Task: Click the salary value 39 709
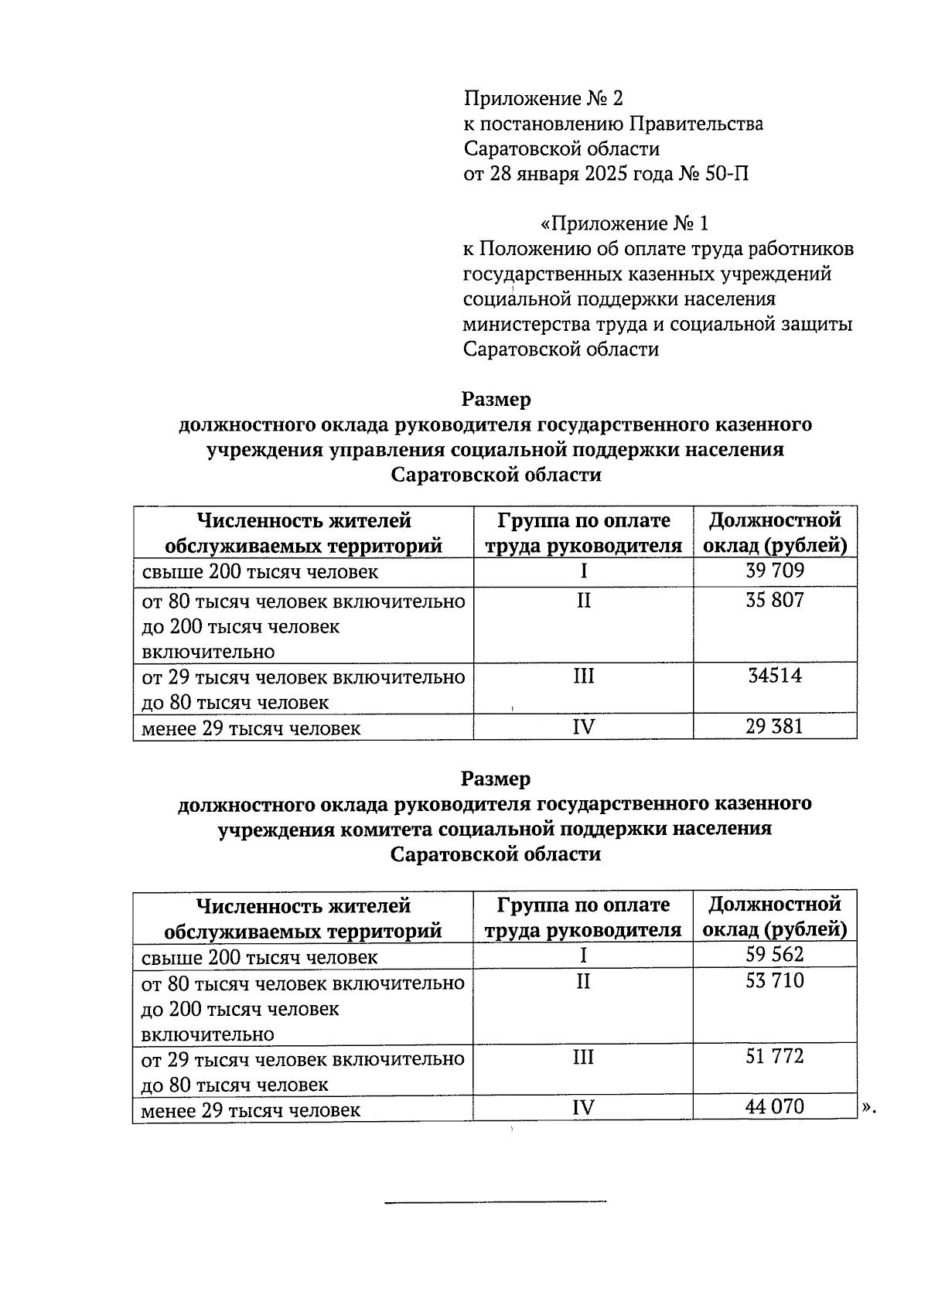[x=775, y=571]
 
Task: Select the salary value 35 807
[x=775, y=600]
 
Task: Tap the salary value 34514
[x=775, y=676]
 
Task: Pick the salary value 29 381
[x=775, y=727]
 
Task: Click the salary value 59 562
[x=775, y=955]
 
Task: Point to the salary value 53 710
[x=775, y=981]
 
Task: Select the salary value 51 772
[x=775, y=1057]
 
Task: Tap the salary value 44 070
[x=775, y=1107]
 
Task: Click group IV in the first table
[x=583, y=727]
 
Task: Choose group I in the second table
[x=583, y=956]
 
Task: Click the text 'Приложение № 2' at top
[x=543, y=99]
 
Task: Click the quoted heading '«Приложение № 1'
[x=623, y=224]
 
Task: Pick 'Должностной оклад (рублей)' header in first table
[x=775, y=533]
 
